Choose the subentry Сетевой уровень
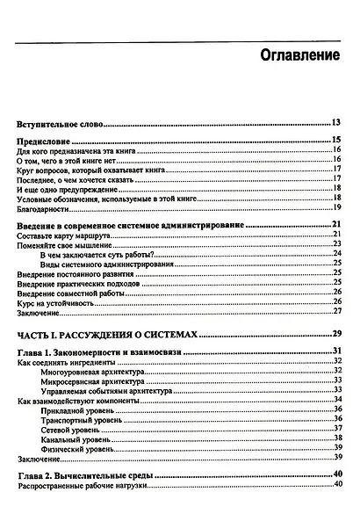click(74, 430)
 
